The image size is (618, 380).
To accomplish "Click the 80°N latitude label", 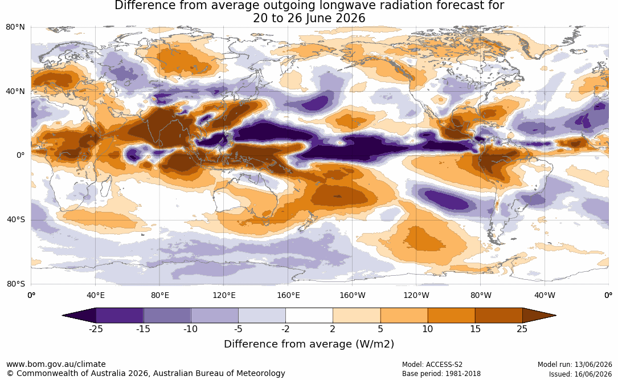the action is (15, 27).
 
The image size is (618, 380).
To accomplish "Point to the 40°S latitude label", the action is (16, 219).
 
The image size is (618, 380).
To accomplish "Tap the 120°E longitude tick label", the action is (224, 295).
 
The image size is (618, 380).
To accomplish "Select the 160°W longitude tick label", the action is (353, 295).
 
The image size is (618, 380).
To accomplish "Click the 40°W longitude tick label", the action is (545, 295).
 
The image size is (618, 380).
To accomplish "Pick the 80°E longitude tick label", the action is (159, 295).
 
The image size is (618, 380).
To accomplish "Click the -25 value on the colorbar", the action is (95, 329).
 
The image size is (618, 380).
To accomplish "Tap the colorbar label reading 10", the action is (428, 329).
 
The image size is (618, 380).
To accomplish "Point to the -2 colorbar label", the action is (285, 329).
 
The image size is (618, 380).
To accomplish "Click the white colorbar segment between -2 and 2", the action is (309, 316).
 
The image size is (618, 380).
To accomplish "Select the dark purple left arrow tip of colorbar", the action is (79, 316).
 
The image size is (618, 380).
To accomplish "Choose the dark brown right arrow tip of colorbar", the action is (539, 316).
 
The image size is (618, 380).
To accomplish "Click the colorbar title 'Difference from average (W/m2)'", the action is (309, 344).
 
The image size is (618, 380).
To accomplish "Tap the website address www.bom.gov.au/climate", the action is (56, 364).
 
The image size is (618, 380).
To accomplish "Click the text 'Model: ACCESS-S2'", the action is (432, 365).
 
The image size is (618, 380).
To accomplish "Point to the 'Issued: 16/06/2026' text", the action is (580, 374).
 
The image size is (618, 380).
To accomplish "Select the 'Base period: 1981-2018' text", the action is (441, 374).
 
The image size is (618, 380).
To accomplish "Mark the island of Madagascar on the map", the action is (105, 186).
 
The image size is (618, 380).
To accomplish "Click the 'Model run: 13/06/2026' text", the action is (575, 365).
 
